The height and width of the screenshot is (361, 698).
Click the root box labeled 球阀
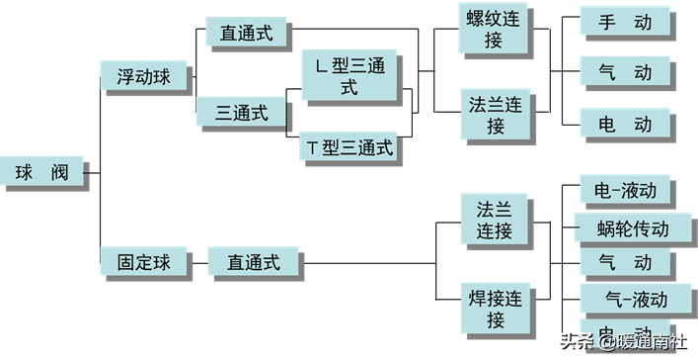[x=40, y=172]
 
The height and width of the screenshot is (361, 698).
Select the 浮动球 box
[x=145, y=75]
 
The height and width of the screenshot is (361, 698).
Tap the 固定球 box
[x=144, y=262]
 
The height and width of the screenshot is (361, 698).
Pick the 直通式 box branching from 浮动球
[x=247, y=33]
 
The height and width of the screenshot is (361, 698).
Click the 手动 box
[x=625, y=23]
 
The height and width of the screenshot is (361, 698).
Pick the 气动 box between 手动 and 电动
[x=625, y=72]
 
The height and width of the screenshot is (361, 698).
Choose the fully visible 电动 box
[x=625, y=124]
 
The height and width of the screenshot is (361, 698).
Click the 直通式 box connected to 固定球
[x=253, y=262]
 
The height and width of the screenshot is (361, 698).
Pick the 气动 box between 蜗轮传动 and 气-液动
[x=625, y=263]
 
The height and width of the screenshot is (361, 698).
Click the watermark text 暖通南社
[x=653, y=342]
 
